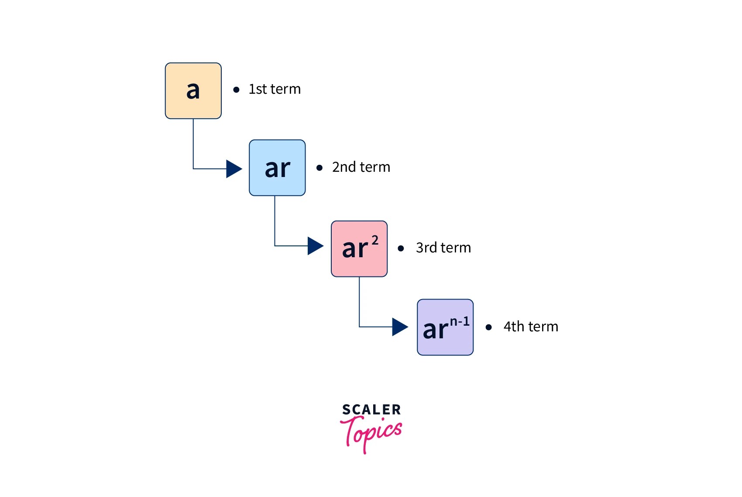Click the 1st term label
coord(275,89)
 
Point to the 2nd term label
coord(361,167)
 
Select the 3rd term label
coord(443,248)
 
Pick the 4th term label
coord(531,327)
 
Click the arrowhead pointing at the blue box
coord(234,169)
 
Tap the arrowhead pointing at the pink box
coord(315,246)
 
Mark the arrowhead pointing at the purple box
coord(400,327)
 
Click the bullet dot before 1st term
coord(237,90)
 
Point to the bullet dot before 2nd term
coord(319,168)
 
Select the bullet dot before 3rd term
coord(401,248)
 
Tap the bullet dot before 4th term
coord(489,327)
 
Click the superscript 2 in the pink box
coord(375,240)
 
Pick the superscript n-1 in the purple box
coord(460,322)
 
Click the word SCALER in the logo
coord(371,410)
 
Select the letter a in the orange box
coord(193,90)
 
